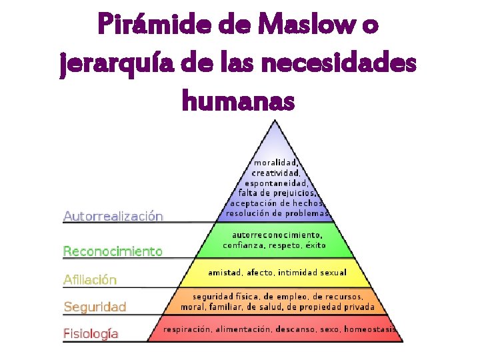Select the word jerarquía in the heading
pos(116,65)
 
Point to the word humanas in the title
pos(237,101)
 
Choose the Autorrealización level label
pos(113,216)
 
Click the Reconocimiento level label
pos(113,251)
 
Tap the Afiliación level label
pos(90,280)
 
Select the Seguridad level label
pos(95,307)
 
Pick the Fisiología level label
pos(91,333)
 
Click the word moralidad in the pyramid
pos(275,162)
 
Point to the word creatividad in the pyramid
pos(275,173)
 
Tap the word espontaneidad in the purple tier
pos(276,183)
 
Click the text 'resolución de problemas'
pos(277,213)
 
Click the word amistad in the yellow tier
pos(225,273)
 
